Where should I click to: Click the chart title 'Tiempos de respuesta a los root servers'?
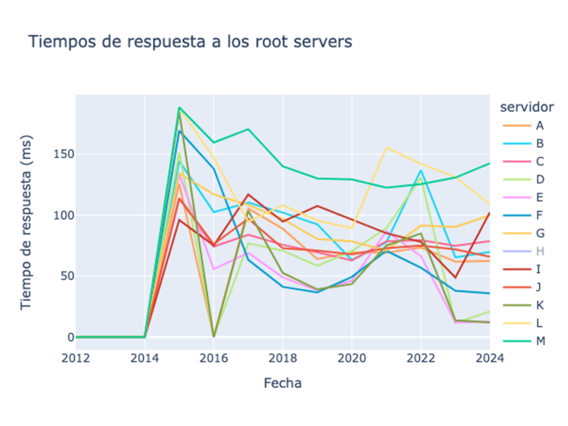[190, 42]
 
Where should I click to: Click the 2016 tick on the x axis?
[214, 358]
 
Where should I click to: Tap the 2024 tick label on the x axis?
[489, 358]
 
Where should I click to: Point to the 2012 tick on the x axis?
[76, 358]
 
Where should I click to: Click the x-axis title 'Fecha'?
[282, 383]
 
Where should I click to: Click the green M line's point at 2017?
[248, 129]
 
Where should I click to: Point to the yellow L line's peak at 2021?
[386, 148]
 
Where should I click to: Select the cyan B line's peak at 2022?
[420, 170]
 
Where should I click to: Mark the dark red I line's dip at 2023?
[455, 278]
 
